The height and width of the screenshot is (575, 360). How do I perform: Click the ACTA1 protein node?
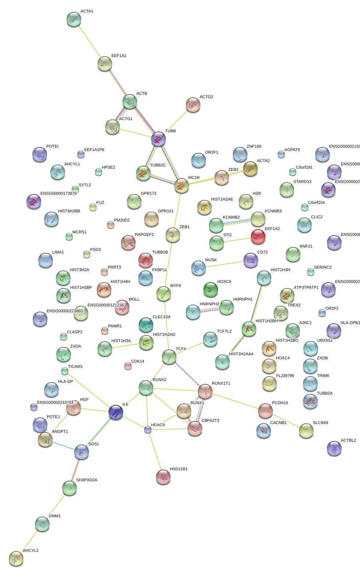pyautogui.click(x=74, y=19)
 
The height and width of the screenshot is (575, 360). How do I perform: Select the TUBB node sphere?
pyautogui.click(x=158, y=139)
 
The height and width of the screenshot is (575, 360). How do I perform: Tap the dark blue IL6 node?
pyautogui.click(x=116, y=412)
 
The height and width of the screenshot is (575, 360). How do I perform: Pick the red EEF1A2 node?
pyautogui.click(x=258, y=237)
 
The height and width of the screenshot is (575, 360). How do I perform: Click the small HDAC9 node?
pyautogui.click(x=148, y=429)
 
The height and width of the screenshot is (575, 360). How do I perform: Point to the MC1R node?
pyautogui.click(x=182, y=186)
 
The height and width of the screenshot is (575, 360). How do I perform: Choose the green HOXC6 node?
pyautogui.click(x=211, y=290)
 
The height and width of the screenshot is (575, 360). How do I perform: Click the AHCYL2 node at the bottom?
pyautogui.click(x=16, y=558)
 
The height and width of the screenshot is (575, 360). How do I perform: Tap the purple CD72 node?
pyautogui.click(x=251, y=260)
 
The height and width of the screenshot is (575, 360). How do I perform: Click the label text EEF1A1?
pyautogui.click(x=119, y=56)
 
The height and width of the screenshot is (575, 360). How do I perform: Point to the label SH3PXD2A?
pyautogui.click(x=86, y=480)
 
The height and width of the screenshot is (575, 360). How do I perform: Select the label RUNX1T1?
pyautogui.click(x=221, y=384)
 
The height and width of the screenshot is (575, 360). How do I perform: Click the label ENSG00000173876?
pyautogui.click(x=58, y=194)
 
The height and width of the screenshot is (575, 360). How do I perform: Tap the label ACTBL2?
pyautogui.click(x=348, y=441)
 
